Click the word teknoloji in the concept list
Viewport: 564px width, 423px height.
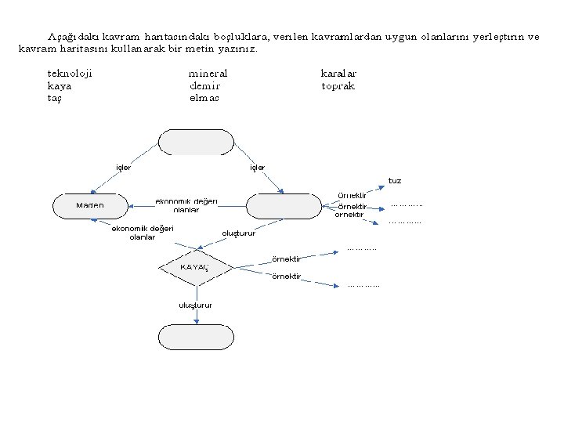click(x=70, y=73)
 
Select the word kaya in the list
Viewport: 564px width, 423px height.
click(x=60, y=85)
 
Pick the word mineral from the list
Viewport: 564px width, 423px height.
click(x=208, y=73)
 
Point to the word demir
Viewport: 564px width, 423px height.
click(x=204, y=85)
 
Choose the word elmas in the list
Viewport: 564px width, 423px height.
click(x=204, y=98)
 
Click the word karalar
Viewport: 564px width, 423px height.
click(x=338, y=73)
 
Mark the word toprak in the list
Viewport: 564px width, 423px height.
click(x=338, y=85)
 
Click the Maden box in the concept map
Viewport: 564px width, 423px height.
click(x=89, y=205)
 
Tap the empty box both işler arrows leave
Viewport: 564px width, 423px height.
click(x=196, y=143)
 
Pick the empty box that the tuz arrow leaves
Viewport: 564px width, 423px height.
click(x=284, y=205)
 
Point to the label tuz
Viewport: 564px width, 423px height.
click(x=395, y=181)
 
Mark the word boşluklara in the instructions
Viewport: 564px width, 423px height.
click(x=239, y=36)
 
